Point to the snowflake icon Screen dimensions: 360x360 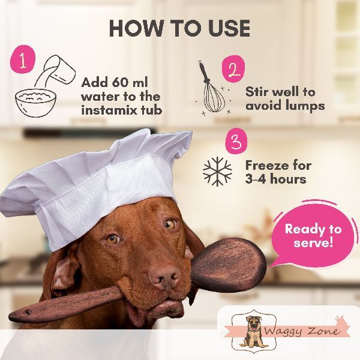click(217, 172)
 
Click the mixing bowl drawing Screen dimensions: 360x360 click(35, 103)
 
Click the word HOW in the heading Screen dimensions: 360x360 click(136, 28)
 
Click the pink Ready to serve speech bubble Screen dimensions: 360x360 click(314, 235)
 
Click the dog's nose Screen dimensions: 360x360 click(164, 275)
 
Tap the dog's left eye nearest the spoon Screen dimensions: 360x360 click(170, 223)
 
